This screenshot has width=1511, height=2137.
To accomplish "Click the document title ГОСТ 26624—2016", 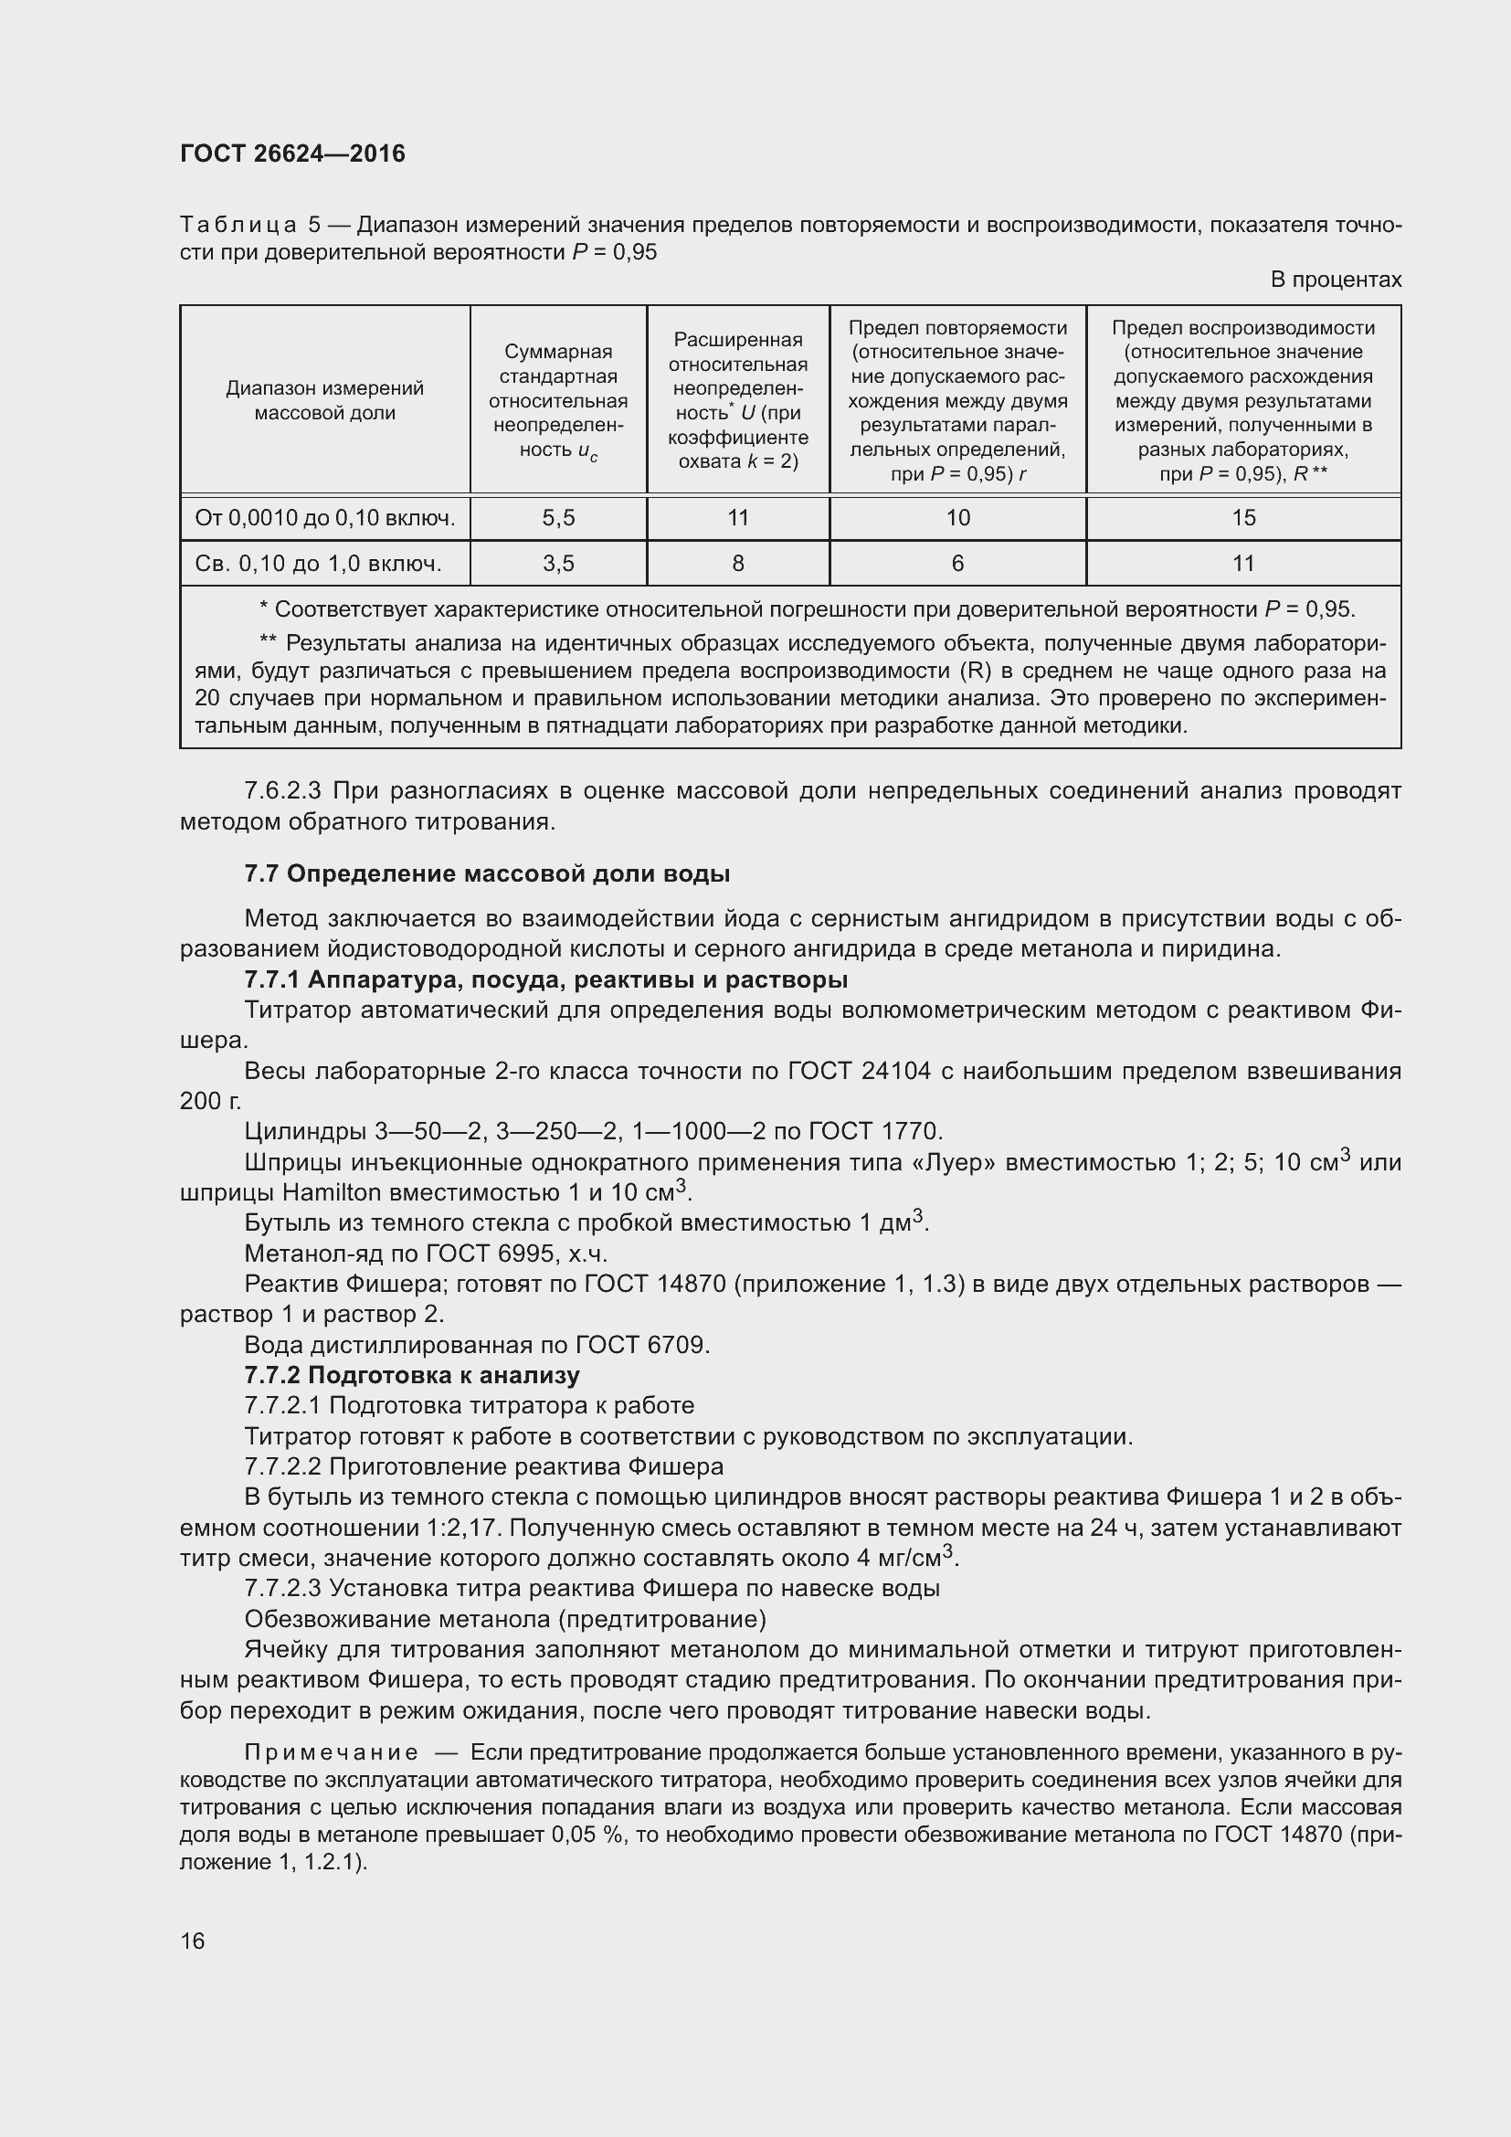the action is click(292, 153).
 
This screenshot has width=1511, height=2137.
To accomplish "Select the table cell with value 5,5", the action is click(558, 518).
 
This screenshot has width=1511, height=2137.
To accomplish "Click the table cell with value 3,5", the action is click(558, 563).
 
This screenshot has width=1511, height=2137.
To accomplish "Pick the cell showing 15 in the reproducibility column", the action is click(1243, 518).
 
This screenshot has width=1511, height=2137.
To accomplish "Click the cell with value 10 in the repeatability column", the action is click(957, 518).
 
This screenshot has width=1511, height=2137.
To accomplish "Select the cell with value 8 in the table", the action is click(738, 563).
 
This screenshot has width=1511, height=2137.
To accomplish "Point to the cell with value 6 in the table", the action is click(957, 563).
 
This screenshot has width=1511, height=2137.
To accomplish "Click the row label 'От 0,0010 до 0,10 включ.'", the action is click(324, 518).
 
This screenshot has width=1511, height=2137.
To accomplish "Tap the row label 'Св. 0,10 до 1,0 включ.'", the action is click(318, 563).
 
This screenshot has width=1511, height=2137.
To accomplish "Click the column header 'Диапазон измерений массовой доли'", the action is click(324, 400).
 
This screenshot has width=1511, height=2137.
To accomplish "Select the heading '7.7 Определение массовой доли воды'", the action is click(487, 873).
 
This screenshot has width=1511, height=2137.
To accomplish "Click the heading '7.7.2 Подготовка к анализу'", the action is click(411, 1375).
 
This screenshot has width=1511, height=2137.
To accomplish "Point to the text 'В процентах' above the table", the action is click(1336, 280).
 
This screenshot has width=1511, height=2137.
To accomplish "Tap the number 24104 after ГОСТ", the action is click(895, 1071).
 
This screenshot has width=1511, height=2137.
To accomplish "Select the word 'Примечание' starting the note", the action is click(331, 1752).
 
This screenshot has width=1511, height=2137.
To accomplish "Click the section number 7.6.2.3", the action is click(282, 791).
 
